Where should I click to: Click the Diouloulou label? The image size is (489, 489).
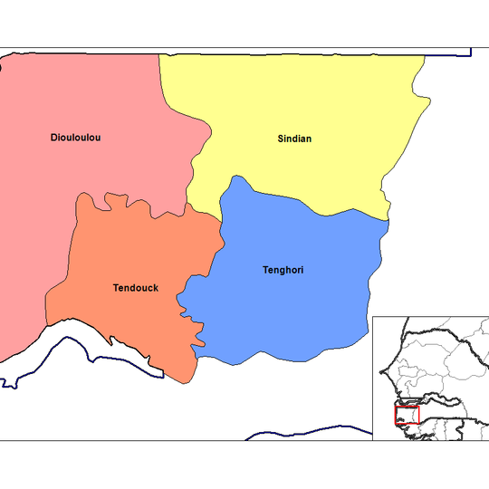(x=75, y=138)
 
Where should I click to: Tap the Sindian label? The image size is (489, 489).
(x=294, y=139)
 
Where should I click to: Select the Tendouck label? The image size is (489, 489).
(x=136, y=288)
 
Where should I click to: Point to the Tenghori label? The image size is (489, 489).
(x=282, y=269)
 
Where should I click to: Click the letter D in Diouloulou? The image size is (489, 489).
(x=53, y=138)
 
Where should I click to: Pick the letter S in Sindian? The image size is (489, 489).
(x=281, y=139)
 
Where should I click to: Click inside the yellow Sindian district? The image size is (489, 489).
(x=308, y=100)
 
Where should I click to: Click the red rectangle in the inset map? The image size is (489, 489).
(x=407, y=415)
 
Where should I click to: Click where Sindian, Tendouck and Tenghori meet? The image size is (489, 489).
(x=222, y=216)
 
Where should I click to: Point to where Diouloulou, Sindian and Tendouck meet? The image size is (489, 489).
(x=187, y=205)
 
